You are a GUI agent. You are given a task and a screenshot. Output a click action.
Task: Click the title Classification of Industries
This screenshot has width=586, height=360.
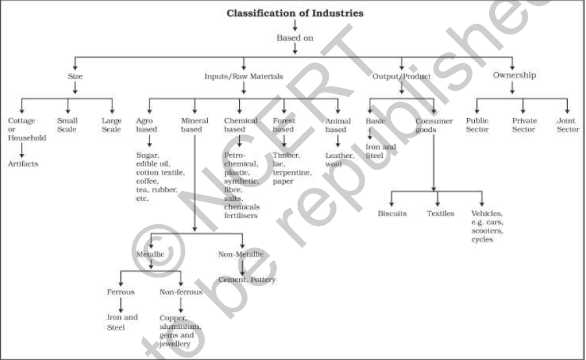(294, 13)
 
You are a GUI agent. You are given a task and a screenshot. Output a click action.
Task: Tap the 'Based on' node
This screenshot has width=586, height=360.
(294, 38)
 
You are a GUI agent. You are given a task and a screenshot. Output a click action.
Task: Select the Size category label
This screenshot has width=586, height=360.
(75, 76)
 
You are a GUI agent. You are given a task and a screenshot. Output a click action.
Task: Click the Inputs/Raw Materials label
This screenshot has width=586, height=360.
(244, 76)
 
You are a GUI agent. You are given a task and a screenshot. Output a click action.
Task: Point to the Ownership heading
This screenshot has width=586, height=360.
(514, 75)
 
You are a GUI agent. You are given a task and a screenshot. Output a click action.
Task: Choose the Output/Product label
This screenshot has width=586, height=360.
(401, 76)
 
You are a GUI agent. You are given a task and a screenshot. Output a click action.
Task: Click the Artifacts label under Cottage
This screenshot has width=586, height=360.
(23, 164)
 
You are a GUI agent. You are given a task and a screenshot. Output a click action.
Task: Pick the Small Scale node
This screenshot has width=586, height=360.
(67, 125)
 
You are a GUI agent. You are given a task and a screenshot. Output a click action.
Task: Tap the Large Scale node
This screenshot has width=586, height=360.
(111, 125)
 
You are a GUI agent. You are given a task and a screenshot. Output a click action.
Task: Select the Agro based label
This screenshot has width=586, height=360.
(146, 125)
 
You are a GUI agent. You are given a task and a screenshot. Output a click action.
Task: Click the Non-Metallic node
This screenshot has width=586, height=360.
(241, 254)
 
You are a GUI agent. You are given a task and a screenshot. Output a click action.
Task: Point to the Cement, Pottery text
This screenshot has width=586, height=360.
(246, 279)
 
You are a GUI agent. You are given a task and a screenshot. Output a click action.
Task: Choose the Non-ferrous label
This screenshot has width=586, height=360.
(181, 292)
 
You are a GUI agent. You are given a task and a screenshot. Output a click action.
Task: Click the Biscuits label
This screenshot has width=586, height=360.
(392, 213)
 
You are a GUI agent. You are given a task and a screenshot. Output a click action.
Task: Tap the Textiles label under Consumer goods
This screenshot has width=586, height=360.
(440, 213)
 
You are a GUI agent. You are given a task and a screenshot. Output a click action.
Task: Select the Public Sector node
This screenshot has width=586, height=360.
(478, 125)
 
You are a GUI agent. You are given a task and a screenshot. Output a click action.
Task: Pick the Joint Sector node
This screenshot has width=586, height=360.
(568, 125)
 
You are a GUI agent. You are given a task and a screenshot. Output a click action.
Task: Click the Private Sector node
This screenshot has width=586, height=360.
(524, 125)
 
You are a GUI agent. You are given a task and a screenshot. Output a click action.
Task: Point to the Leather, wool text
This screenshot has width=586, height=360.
(339, 159)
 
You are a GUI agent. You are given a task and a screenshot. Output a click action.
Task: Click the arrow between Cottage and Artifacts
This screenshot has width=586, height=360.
(23, 149)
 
